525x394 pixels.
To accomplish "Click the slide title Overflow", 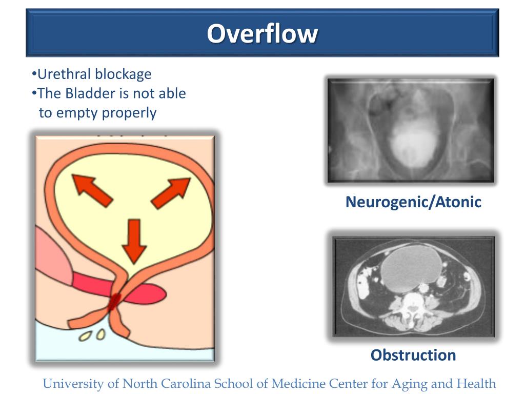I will (x=262, y=34).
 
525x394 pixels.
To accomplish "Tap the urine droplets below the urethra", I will (x=92, y=335).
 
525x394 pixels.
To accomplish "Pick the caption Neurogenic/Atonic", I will (x=413, y=202).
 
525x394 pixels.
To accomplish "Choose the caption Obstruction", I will (x=413, y=355).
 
